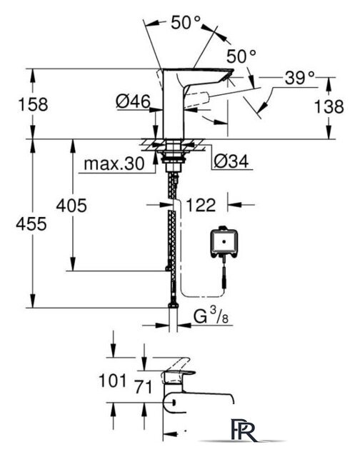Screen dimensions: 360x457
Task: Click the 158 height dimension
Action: click(33, 105)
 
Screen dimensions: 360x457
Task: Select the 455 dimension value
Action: click(31, 224)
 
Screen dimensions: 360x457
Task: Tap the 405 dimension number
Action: click(71, 206)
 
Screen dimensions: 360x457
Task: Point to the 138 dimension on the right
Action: click(329, 106)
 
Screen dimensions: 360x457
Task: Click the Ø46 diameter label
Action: click(134, 101)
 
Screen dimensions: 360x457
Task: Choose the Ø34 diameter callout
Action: click(231, 161)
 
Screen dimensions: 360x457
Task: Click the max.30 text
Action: click(114, 164)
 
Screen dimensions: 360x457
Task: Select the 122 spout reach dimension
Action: click(201, 205)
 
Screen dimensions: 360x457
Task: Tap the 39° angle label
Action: click(300, 78)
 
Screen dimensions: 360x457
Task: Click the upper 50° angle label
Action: click(186, 22)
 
